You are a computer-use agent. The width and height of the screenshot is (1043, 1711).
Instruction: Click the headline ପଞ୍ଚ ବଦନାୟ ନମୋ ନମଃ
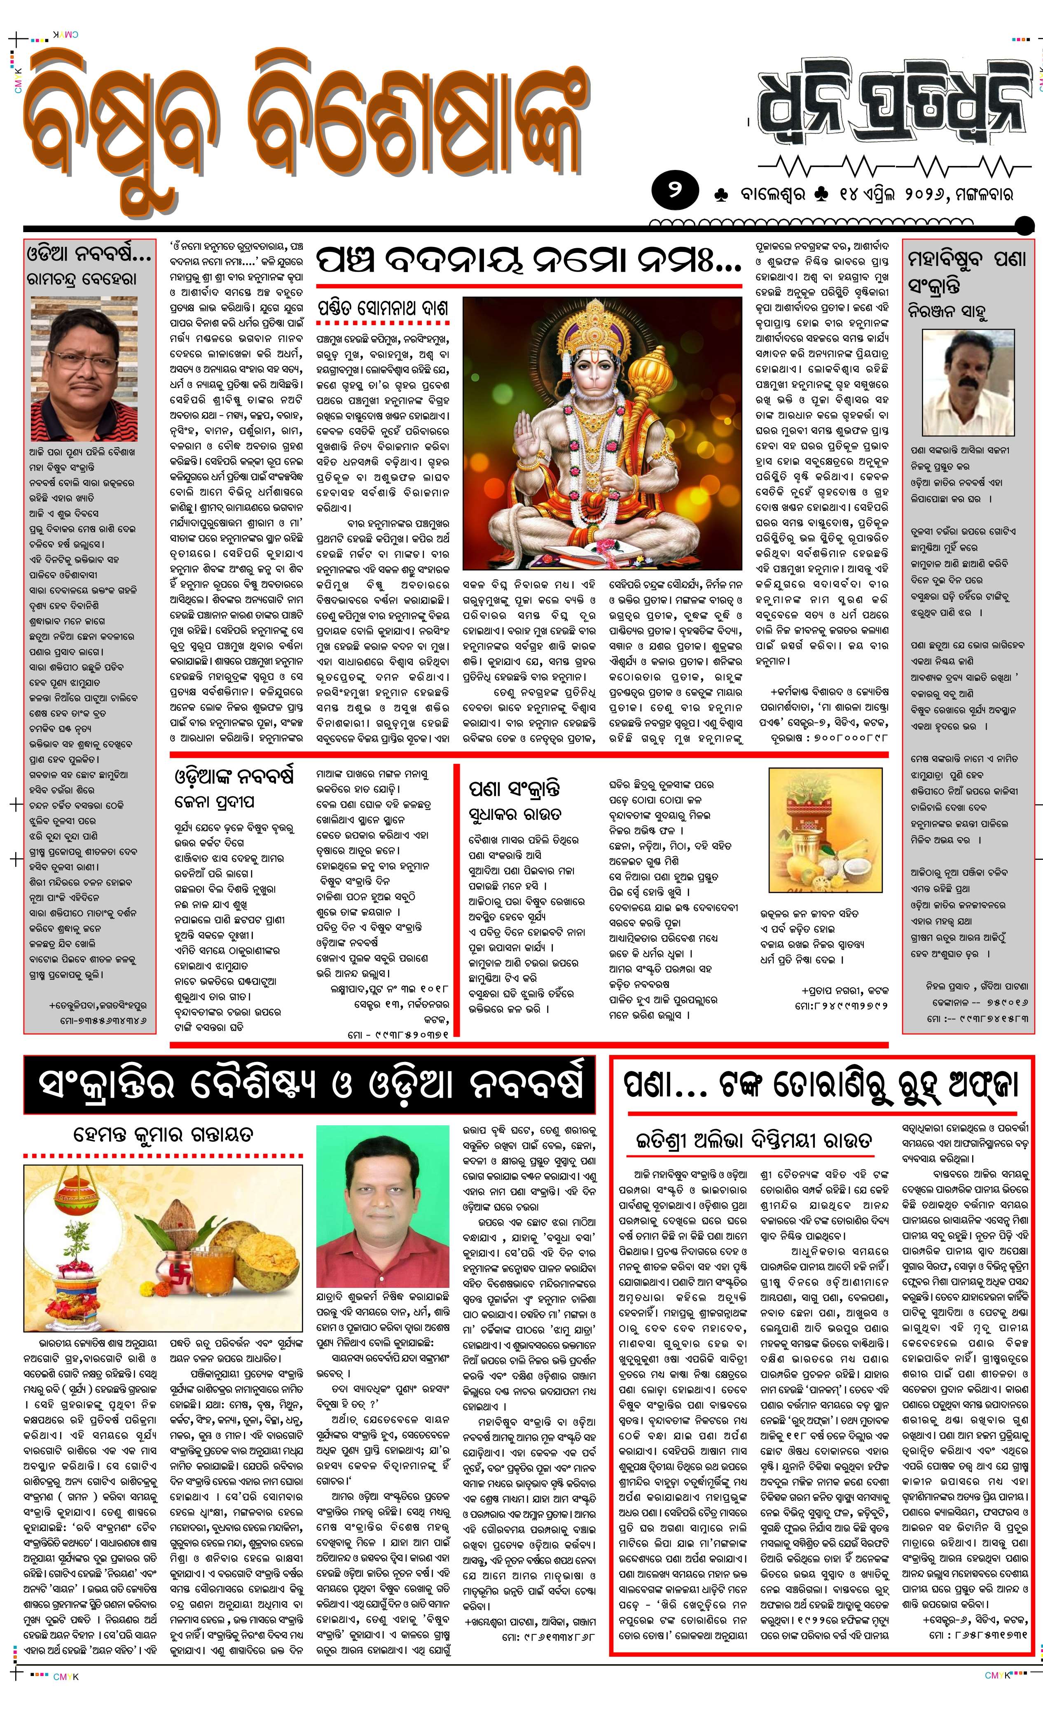528,261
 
